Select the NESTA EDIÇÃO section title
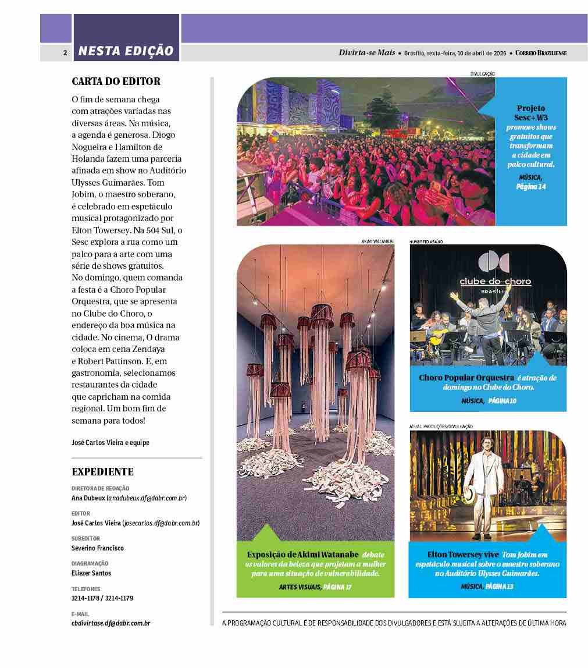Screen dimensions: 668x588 tap(126, 51)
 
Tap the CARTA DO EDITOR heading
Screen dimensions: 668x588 tap(116, 81)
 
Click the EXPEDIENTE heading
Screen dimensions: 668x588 tap(102, 472)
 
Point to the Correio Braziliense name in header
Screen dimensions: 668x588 tap(541, 53)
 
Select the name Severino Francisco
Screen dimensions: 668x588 tap(98, 548)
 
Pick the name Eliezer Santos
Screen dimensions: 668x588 tap(91, 573)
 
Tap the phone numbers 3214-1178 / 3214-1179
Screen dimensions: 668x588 tap(102, 598)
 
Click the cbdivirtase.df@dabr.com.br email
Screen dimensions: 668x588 tap(111, 623)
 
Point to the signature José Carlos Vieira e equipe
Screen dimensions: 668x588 tap(111, 443)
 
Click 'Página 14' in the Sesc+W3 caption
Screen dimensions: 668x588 tap(530, 187)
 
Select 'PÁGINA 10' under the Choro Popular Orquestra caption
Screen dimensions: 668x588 tap(502, 401)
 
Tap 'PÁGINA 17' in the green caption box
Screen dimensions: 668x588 tap(337, 587)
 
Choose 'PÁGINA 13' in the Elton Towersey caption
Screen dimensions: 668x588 tap(499, 587)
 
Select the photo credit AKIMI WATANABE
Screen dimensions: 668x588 tap(377, 241)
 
